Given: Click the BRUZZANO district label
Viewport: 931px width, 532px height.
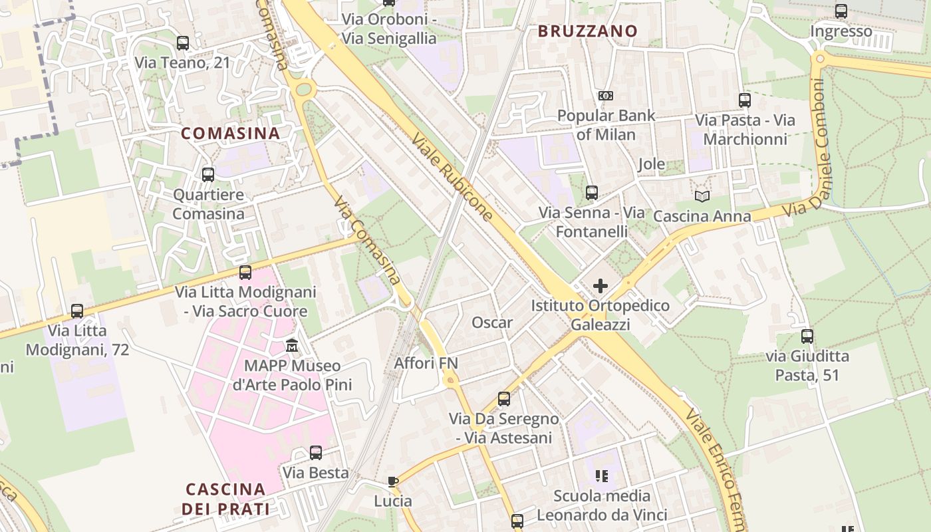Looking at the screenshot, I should pyautogui.click(x=587, y=31).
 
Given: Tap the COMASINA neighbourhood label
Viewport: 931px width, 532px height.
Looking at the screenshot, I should pyautogui.click(x=230, y=133).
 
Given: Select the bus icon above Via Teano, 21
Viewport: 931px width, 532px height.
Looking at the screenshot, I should pyautogui.click(x=183, y=43).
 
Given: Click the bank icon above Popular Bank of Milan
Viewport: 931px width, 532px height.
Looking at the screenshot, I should pyautogui.click(x=605, y=96).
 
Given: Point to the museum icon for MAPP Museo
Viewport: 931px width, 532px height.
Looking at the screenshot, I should pyautogui.click(x=292, y=346).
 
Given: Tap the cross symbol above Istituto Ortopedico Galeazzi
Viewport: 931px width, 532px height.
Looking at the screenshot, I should pyautogui.click(x=600, y=287).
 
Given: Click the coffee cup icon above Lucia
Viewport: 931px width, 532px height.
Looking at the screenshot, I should pyautogui.click(x=393, y=481).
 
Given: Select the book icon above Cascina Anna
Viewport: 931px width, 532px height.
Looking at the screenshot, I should pyautogui.click(x=702, y=196).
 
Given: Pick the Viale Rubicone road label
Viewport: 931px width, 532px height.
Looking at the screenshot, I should pyautogui.click(x=453, y=177).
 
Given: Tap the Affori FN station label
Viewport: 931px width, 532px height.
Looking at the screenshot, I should pyautogui.click(x=426, y=363).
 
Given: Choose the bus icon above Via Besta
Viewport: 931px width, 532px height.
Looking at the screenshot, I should pyautogui.click(x=316, y=453).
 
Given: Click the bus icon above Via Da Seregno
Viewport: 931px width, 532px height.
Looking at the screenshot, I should pyautogui.click(x=504, y=399).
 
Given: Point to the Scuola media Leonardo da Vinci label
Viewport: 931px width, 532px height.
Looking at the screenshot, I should pyautogui.click(x=602, y=505).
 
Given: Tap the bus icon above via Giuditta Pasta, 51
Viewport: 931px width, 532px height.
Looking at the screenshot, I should pyautogui.click(x=807, y=336).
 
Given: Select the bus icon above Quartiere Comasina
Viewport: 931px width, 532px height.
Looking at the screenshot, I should pyautogui.click(x=208, y=175).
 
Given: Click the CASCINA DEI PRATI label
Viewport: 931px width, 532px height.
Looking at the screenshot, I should pyautogui.click(x=225, y=499).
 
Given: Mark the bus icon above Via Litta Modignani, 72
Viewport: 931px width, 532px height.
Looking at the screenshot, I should pyautogui.click(x=77, y=311).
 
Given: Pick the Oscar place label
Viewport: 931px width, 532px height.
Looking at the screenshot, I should pyautogui.click(x=492, y=323).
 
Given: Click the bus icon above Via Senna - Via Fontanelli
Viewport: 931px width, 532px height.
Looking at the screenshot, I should pyautogui.click(x=591, y=193).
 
